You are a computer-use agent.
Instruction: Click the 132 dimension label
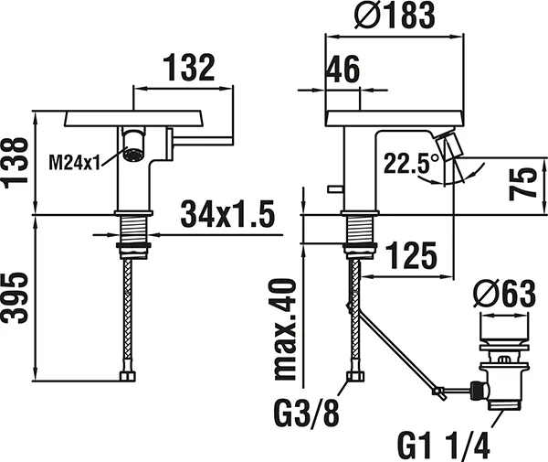tap(189, 68)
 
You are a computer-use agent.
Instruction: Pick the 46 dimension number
tap(341, 70)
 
